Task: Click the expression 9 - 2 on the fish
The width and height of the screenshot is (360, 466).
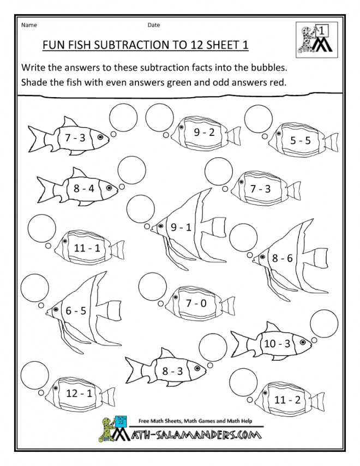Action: pyautogui.click(x=204, y=132)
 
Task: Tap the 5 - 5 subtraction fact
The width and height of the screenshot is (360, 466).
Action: pyautogui.click(x=301, y=140)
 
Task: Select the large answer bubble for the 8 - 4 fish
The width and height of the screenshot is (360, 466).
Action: pyautogui.click(x=131, y=170)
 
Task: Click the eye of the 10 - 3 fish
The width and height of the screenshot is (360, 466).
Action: pyautogui.click(x=303, y=342)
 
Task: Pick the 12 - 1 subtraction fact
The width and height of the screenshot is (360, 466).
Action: pyautogui.click(x=79, y=393)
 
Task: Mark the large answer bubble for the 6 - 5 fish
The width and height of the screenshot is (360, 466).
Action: pyautogui.click(x=35, y=288)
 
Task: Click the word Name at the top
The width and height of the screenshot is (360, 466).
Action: pyautogui.click(x=29, y=25)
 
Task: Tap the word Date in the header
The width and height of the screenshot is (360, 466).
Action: pyautogui.click(x=154, y=25)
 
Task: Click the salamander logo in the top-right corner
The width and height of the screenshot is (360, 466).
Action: pyautogui.click(x=316, y=39)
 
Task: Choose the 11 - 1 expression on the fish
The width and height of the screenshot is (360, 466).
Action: pyautogui.click(x=87, y=248)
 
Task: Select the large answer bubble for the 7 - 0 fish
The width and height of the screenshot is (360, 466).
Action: pyautogui.click(x=153, y=286)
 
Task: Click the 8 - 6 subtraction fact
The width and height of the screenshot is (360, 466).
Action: pyautogui.click(x=282, y=258)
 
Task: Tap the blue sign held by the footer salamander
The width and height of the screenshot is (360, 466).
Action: pyautogui.click(x=121, y=422)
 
